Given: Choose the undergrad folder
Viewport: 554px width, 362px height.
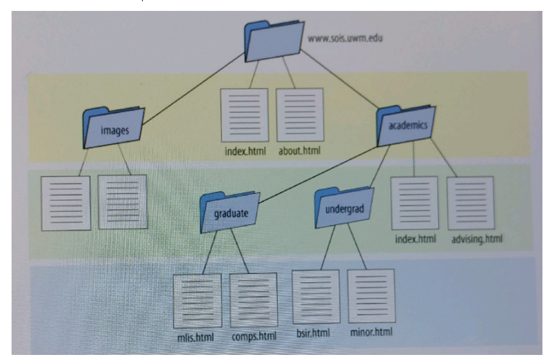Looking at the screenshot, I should click(x=344, y=208).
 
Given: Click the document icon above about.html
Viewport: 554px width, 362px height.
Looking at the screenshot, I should click(x=300, y=115).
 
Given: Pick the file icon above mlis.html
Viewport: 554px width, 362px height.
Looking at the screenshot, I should click(x=197, y=300).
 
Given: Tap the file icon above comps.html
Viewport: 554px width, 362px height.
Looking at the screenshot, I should click(x=254, y=300).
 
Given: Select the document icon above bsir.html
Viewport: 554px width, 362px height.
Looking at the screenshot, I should click(x=316, y=297).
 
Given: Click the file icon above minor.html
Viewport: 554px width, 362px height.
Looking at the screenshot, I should click(x=371, y=296).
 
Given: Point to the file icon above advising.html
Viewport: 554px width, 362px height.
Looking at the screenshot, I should click(x=470, y=203).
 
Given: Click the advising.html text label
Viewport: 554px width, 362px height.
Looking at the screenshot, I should click(x=476, y=239).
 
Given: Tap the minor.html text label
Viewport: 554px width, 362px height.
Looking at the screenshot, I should click(x=371, y=332).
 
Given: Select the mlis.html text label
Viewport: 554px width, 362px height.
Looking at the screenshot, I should click(x=195, y=336).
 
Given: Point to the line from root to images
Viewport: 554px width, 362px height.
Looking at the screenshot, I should click(x=193, y=89).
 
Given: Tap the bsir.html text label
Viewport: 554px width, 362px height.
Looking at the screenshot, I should click(x=313, y=333).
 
